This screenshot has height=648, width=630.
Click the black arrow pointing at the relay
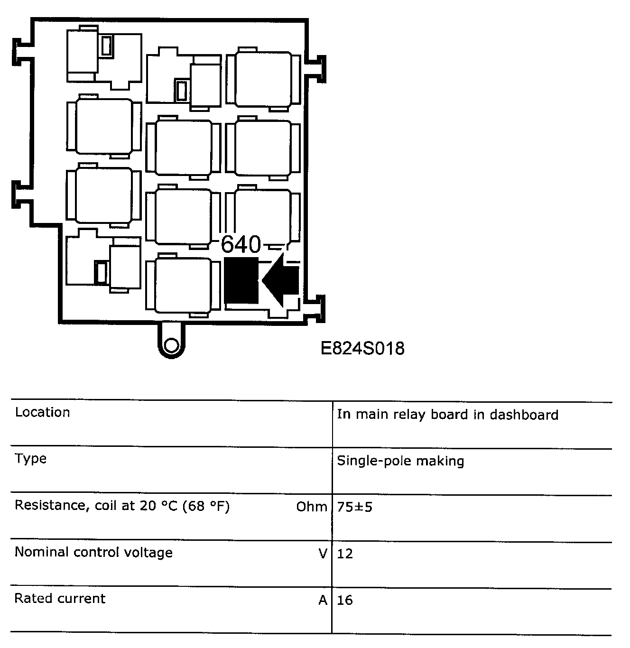[x=281, y=280]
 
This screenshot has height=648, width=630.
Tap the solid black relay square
[x=241, y=280]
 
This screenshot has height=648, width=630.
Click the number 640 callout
[x=241, y=245]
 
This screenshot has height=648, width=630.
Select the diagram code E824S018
[x=363, y=349]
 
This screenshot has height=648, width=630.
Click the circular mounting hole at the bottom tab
[x=171, y=344]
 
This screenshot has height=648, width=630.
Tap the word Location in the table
[x=42, y=412]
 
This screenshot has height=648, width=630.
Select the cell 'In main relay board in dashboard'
[x=447, y=415]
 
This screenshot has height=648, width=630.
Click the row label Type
[x=30, y=459]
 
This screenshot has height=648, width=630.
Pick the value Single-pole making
[x=400, y=461]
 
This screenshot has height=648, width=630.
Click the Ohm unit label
[x=311, y=507]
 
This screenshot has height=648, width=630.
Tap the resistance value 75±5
[x=354, y=507]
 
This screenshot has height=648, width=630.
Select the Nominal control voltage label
[x=93, y=552]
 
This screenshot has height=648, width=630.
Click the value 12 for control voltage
[x=345, y=554]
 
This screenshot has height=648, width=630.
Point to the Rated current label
[x=60, y=598]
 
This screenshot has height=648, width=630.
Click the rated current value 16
[x=345, y=600]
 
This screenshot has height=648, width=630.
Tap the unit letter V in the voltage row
[x=323, y=553]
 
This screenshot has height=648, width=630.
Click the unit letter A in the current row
[x=323, y=600]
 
